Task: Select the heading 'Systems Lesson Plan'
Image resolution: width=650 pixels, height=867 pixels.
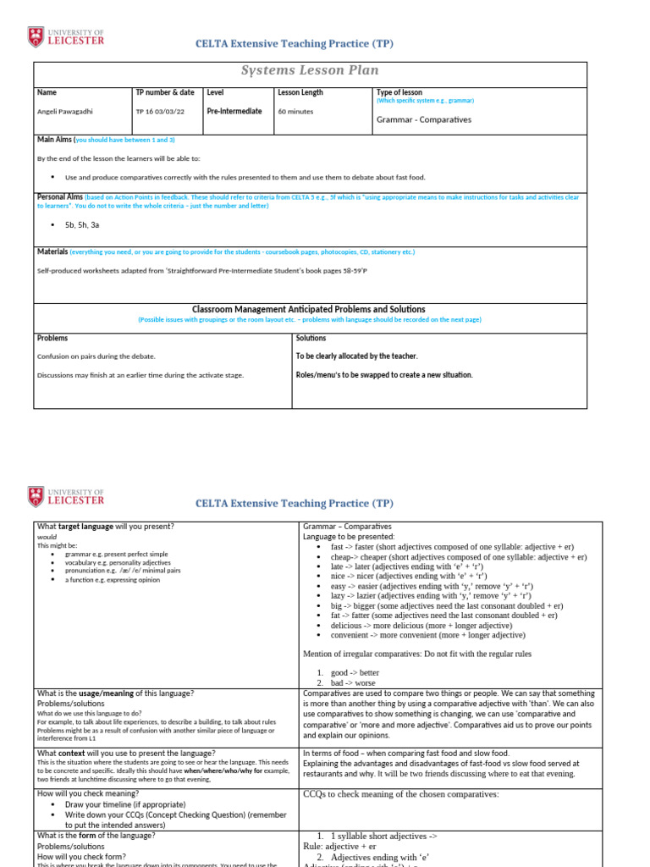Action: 310,70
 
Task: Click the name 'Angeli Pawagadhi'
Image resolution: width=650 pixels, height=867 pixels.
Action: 65,112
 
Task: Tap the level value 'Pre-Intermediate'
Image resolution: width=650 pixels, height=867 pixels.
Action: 234,111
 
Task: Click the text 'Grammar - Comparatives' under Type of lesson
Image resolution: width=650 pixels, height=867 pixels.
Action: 423,119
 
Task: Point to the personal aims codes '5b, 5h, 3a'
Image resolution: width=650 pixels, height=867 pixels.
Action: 82,225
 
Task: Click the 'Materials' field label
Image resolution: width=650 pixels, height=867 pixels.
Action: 52,251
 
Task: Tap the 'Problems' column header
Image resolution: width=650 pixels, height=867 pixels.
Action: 52,338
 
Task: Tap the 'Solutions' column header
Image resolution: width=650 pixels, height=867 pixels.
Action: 311,338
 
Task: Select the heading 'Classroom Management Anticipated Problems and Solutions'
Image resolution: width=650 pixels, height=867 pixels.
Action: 309,309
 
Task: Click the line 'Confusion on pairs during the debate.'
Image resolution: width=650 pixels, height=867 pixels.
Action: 96,356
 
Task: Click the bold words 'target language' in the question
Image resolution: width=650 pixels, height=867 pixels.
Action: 84,526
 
